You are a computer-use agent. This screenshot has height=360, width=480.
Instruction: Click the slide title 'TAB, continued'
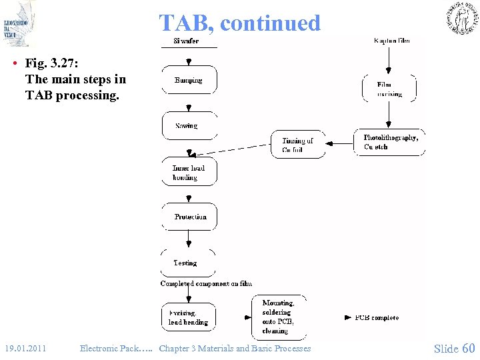(x=239, y=23)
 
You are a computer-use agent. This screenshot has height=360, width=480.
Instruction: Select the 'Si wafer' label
(x=186, y=41)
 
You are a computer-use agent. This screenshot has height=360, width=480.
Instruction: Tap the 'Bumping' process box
(x=189, y=80)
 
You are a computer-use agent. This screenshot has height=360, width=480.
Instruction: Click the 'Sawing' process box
(x=189, y=125)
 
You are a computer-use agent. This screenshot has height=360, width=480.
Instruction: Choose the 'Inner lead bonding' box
(x=189, y=172)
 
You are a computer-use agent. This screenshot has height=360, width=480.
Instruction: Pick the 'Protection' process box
(x=189, y=217)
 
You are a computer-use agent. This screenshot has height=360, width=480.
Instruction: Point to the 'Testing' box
(x=187, y=263)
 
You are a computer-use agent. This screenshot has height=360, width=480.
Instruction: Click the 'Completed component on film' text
(x=206, y=283)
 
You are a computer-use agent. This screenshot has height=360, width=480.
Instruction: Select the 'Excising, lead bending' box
(x=189, y=317)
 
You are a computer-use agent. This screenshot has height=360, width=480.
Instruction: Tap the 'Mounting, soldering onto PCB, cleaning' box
(x=279, y=317)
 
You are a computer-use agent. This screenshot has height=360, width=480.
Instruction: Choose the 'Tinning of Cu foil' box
(x=297, y=145)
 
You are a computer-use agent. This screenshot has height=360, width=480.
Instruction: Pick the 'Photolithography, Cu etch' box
(x=390, y=142)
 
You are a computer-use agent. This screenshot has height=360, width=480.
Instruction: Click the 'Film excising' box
(x=389, y=89)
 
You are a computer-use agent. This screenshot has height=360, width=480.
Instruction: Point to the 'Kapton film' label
(x=392, y=41)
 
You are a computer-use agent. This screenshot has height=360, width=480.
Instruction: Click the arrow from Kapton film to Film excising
(x=389, y=60)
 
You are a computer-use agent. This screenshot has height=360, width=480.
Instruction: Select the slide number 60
(x=468, y=348)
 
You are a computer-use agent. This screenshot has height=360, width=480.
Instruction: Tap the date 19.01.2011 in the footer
(x=25, y=348)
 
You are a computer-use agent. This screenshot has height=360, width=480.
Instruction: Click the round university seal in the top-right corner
(x=461, y=18)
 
